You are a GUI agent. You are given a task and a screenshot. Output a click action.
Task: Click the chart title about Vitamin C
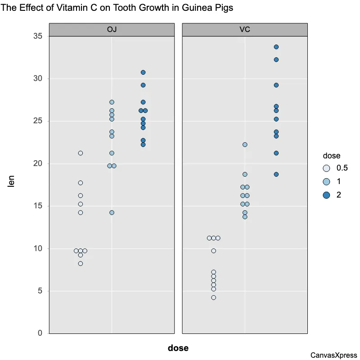[x=117, y=8]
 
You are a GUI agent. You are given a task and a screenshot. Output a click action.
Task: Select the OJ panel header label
[x=112, y=30]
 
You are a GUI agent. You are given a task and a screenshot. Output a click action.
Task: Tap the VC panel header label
[x=245, y=30]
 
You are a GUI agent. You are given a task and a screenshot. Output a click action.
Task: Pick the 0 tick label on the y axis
[x=40, y=333]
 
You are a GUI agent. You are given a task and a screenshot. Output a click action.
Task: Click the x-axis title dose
[x=178, y=348]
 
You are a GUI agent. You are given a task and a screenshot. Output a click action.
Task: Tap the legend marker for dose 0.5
[x=327, y=168]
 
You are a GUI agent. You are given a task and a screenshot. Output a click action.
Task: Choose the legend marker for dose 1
[x=327, y=182]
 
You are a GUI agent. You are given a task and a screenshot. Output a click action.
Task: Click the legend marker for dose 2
[x=327, y=195]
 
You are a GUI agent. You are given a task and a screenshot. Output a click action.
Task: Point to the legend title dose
[x=331, y=156]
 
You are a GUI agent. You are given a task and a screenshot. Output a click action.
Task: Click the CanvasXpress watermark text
[x=333, y=355]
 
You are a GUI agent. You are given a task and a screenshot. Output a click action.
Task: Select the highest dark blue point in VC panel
[x=276, y=47]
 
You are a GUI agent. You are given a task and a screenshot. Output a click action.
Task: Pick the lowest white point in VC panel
[x=214, y=297]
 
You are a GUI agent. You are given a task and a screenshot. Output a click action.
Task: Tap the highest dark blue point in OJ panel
[x=143, y=72]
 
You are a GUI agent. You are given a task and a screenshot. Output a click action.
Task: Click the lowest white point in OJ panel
[x=81, y=264]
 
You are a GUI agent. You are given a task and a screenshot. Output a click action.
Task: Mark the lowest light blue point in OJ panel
[x=112, y=213]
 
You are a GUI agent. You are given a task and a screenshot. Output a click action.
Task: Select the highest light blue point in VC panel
[x=245, y=145]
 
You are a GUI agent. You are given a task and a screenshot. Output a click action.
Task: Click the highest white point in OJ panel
[x=81, y=153]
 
